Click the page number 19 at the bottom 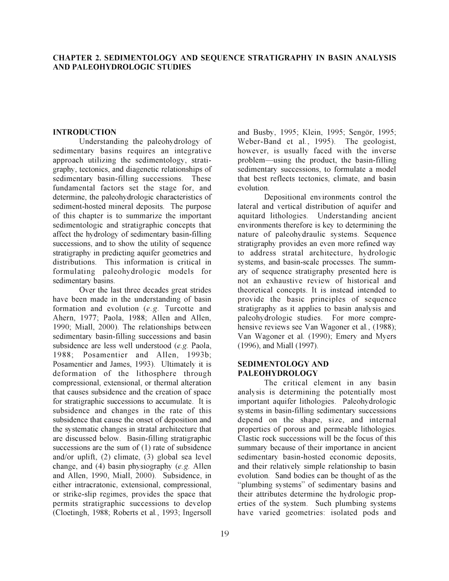224,534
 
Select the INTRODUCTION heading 85,132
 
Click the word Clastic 249,438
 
